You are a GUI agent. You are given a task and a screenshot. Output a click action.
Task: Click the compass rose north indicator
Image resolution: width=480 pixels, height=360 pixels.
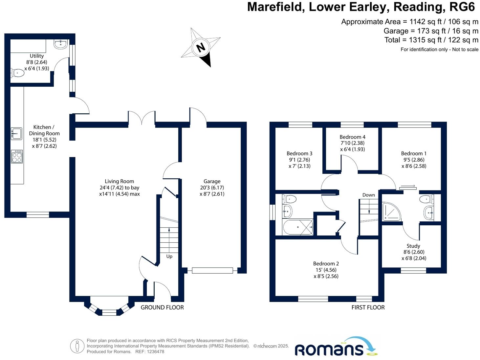click(x=201, y=47)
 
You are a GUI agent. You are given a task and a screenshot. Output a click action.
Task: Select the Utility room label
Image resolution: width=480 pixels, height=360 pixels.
click(x=36, y=56)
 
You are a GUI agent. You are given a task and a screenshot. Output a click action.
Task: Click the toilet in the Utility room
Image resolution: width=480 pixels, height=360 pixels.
click(x=18, y=73)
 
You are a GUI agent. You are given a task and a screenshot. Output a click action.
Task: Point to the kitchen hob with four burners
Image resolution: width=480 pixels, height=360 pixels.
click(x=17, y=156)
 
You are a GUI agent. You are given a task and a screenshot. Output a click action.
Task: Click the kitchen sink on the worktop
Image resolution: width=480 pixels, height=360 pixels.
click(x=16, y=134)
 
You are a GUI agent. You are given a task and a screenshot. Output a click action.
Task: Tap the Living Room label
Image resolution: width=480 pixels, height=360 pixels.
click(x=119, y=181)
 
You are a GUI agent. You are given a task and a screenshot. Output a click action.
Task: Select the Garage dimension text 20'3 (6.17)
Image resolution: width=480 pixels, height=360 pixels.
click(x=212, y=188)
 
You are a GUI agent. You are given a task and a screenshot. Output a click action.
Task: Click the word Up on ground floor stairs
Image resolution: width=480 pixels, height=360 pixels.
click(x=169, y=256)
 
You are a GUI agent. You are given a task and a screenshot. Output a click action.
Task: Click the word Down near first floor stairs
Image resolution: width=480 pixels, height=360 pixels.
click(x=368, y=195)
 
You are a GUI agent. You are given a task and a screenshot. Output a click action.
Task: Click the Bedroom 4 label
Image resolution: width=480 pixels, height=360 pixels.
click(x=352, y=137)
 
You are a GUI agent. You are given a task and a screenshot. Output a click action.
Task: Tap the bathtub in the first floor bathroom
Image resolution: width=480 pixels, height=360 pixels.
click(x=298, y=227)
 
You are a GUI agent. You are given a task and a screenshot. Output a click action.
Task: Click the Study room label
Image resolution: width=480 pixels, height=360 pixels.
click(x=413, y=246)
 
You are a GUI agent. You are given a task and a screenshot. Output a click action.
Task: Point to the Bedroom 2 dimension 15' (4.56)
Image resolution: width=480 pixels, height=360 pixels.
click(x=326, y=270)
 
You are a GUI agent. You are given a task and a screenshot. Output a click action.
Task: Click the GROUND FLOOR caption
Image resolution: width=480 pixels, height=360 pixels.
click(x=162, y=307)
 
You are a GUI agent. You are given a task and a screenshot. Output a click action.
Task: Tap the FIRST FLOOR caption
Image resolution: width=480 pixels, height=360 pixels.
click(x=368, y=307)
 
